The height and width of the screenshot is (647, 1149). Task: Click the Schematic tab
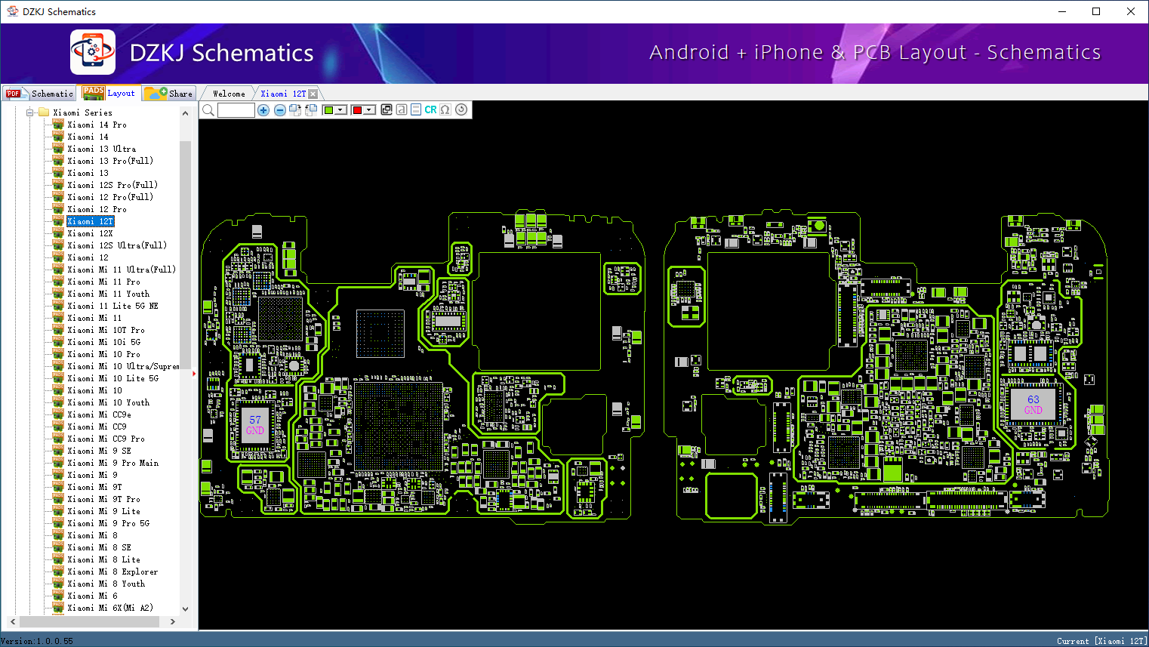pyautogui.click(x=40, y=94)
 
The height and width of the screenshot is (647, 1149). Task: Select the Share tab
pyautogui.click(x=170, y=94)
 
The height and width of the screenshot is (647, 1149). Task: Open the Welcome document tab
pyautogui.click(x=229, y=94)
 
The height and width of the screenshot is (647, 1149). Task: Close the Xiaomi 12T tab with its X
pyautogui.click(x=313, y=94)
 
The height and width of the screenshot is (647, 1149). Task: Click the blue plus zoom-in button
pyautogui.click(x=263, y=110)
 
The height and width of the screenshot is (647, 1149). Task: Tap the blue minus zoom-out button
pyautogui.click(x=280, y=110)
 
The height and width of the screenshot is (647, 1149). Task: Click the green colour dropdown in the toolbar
pyautogui.click(x=334, y=110)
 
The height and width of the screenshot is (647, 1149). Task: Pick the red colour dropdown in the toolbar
pyautogui.click(x=363, y=110)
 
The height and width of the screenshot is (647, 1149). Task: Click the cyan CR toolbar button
pyautogui.click(x=430, y=110)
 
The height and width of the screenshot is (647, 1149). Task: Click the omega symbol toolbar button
pyautogui.click(x=445, y=110)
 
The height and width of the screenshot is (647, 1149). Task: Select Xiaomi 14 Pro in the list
pyautogui.click(x=97, y=125)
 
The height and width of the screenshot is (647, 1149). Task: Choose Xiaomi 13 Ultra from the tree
pyautogui.click(x=101, y=149)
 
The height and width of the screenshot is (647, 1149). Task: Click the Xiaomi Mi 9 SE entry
pyautogui.click(x=99, y=451)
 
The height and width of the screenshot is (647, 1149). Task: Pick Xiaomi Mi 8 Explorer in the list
pyautogui.click(x=112, y=572)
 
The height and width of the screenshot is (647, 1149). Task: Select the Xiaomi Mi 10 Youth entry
pyautogui.click(x=108, y=402)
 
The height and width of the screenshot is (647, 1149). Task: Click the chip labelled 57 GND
pyautogui.click(x=255, y=425)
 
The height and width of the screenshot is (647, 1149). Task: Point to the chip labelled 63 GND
pyautogui.click(x=1033, y=405)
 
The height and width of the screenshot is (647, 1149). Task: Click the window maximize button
pyautogui.click(x=1096, y=11)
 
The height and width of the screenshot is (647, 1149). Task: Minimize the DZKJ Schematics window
pyautogui.click(x=1062, y=11)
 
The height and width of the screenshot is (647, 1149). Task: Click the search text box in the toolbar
pyautogui.click(x=236, y=110)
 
